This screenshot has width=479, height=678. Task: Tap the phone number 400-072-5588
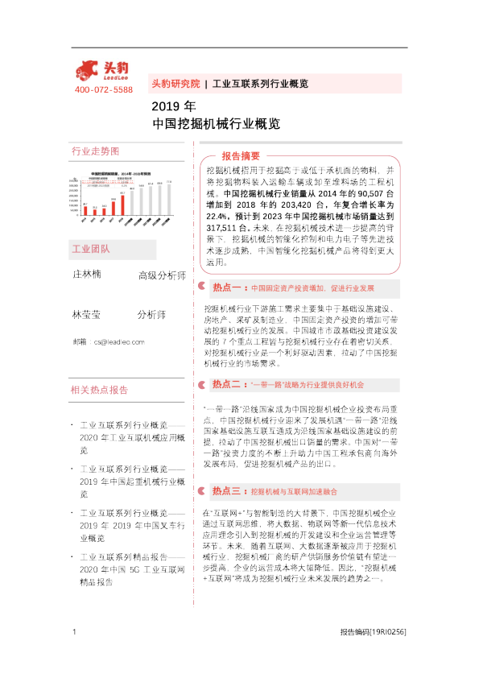pos(103,89)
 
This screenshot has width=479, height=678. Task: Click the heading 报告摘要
pos(241,155)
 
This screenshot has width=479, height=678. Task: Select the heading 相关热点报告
pos(100,391)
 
